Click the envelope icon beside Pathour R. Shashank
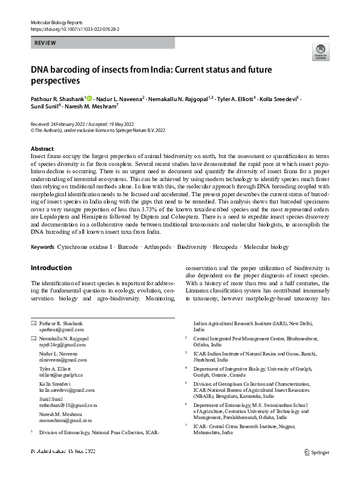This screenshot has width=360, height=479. click(x=33, y=325)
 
